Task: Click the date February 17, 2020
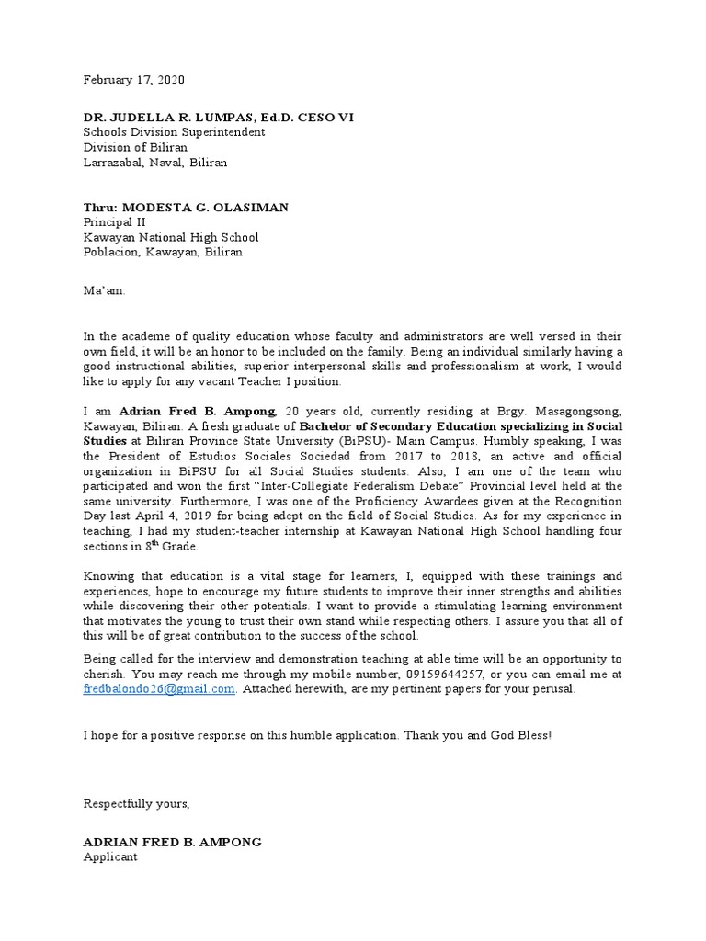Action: [134, 80]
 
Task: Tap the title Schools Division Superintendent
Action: [174, 132]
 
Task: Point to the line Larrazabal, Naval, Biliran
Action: [155, 162]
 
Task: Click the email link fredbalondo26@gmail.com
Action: [159, 689]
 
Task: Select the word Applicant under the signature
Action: [110, 856]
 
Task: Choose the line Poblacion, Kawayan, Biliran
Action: [163, 252]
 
